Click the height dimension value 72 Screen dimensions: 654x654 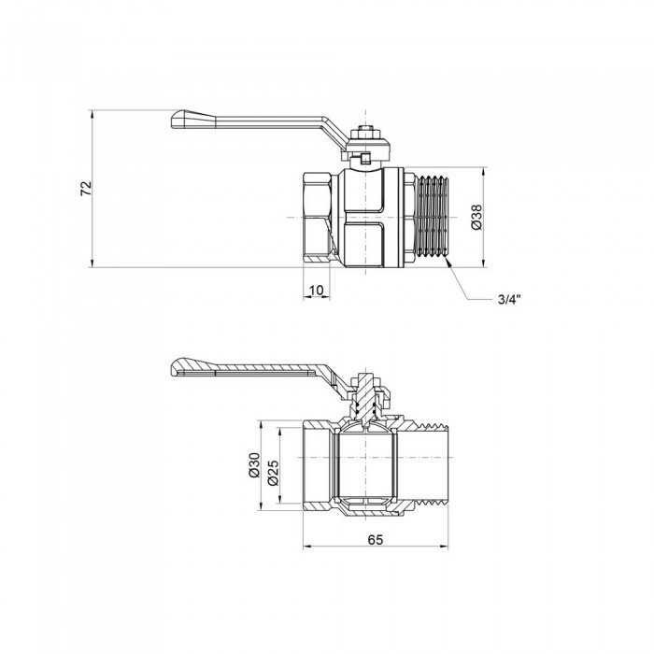click(86, 188)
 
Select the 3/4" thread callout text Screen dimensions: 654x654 click(508, 299)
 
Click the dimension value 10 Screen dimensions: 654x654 click(317, 291)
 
